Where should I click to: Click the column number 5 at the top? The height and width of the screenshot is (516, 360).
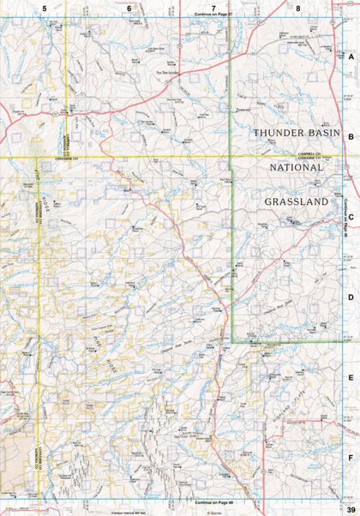[x=44, y=9]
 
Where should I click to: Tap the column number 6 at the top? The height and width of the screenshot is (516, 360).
[x=129, y=9]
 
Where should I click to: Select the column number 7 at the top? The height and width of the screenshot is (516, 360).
[x=213, y=9]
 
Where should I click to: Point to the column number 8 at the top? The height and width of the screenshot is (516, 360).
[x=297, y=9]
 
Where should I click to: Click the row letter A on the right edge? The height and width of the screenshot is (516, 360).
[x=351, y=55]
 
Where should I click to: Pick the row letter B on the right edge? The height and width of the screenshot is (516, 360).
[x=351, y=135]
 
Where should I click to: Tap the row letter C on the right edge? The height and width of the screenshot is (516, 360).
[x=351, y=216]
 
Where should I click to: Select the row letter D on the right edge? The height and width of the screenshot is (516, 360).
[x=351, y=297]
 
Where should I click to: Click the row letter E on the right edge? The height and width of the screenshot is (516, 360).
[x=351, y=377]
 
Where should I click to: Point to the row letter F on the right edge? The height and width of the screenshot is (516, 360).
[x=351, y=458]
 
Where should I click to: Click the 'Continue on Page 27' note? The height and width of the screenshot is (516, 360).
[x=214, y=15]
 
